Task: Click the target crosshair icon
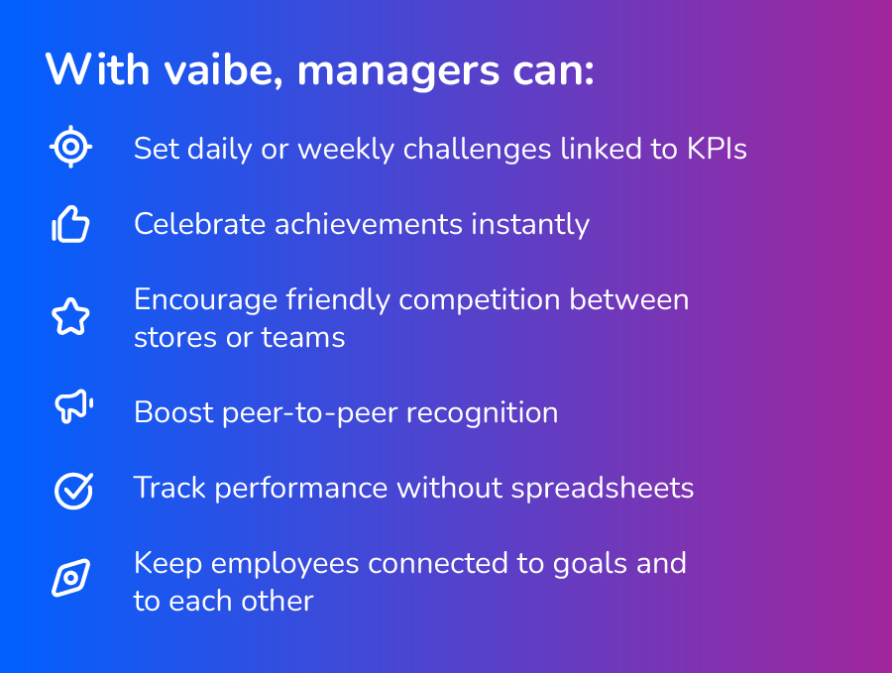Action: point(70,147)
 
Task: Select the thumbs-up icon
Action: point(70,224)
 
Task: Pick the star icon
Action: point(70,316)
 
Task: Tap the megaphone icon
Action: point(74,405)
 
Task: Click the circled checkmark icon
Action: point(74,490)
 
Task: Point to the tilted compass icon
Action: point(71,578)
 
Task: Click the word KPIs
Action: point(717,149)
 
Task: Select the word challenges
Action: point(478,150)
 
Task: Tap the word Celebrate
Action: point(199,224)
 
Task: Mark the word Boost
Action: point(173,412)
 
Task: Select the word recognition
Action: point(483,413)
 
